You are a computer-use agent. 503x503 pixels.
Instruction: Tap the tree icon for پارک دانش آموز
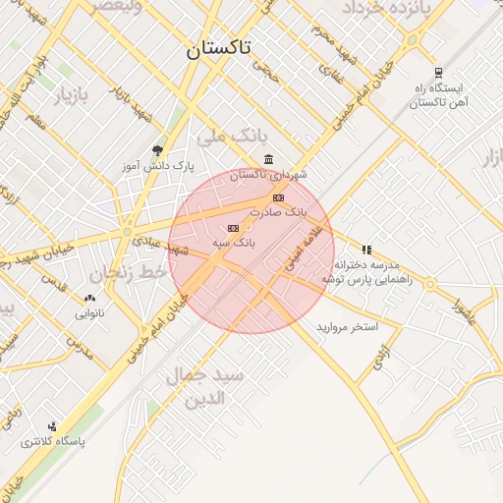[157, 150]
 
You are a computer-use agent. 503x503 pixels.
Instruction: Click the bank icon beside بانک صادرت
[278, 197]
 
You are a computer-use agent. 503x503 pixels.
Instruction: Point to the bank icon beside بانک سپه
[233, 228]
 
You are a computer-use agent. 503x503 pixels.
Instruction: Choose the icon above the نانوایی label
[90, 299]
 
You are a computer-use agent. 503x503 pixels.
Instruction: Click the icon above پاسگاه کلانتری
[52, 426]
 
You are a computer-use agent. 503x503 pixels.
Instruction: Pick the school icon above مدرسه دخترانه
[366, 250]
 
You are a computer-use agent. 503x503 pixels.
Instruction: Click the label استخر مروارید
[348, 326]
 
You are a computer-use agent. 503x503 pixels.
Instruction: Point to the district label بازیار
[70, 96]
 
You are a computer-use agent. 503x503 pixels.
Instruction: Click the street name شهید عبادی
[191, 250]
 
